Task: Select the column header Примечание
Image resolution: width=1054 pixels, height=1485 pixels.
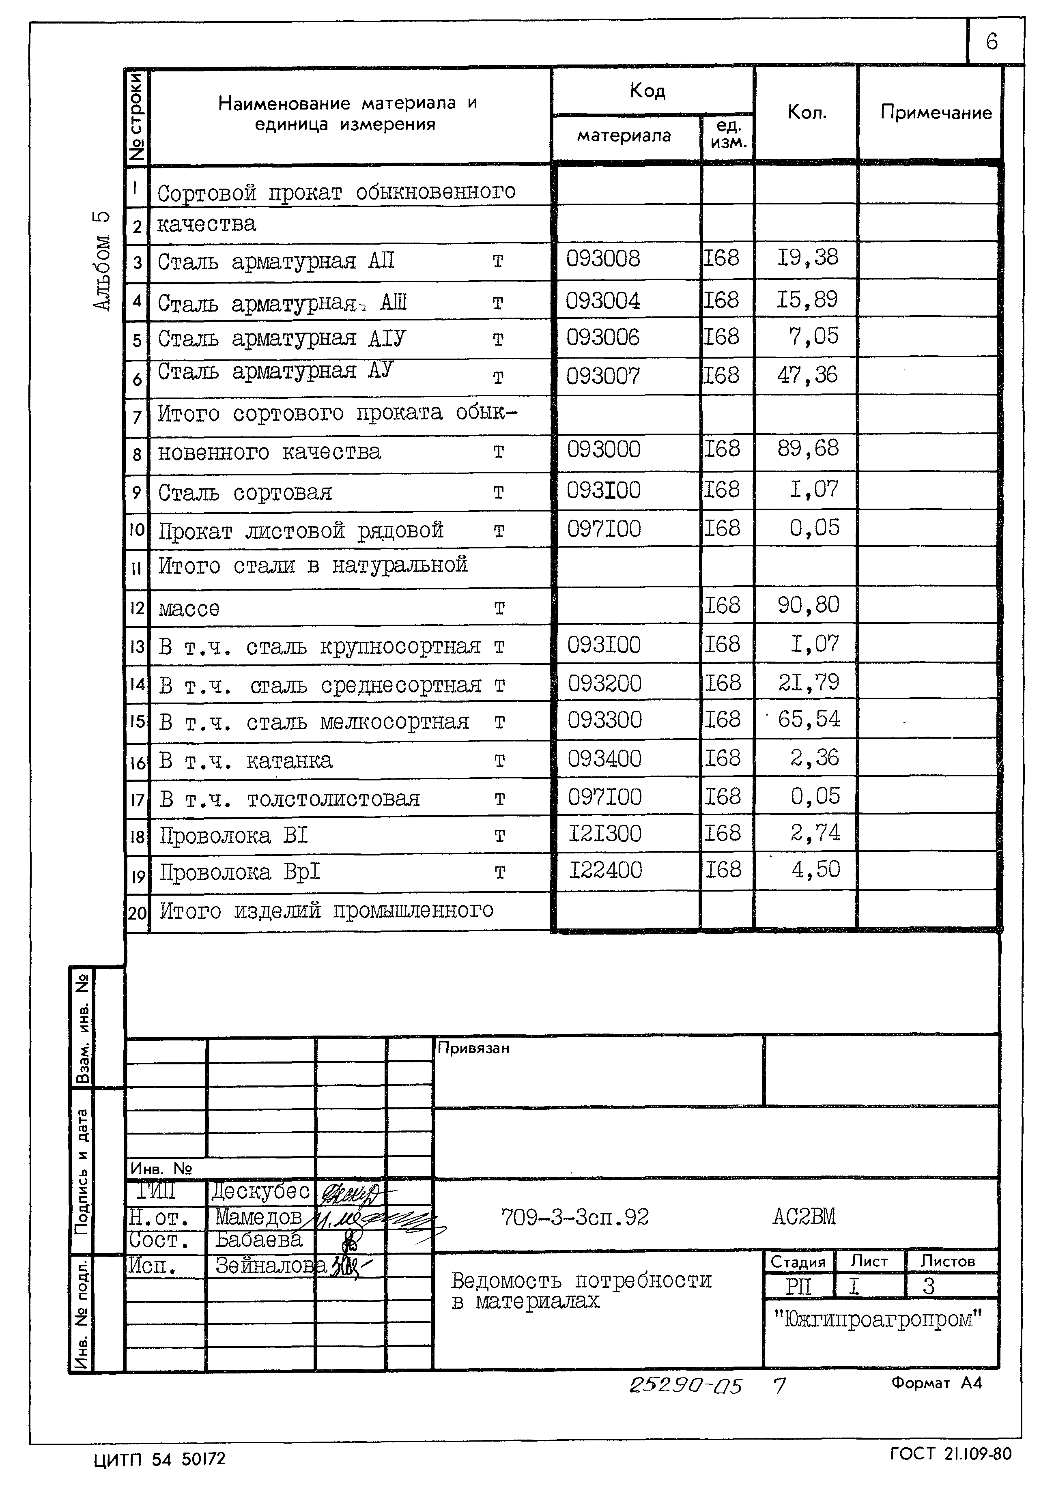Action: point(935,113)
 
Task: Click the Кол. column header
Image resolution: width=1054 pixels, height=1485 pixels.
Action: point(807,113)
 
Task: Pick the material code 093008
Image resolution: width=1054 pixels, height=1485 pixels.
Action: point(603,259)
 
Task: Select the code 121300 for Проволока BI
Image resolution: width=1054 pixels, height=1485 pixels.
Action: point(605,834)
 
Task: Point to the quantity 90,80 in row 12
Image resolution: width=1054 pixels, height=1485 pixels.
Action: point(808,605)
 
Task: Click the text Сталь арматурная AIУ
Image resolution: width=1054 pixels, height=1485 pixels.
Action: point(282,338)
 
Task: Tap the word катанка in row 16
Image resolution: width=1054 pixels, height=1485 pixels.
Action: point(289,760)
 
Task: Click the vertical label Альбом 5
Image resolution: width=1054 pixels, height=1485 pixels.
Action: point(103,260)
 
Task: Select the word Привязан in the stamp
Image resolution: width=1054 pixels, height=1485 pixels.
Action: point(473,1048)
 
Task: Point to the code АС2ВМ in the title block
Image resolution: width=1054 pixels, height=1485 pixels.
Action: point(803,1216)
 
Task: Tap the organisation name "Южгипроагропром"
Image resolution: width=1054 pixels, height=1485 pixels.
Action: point(878,1318)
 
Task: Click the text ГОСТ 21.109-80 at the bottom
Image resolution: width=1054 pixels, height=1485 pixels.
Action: point(950,1453)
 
